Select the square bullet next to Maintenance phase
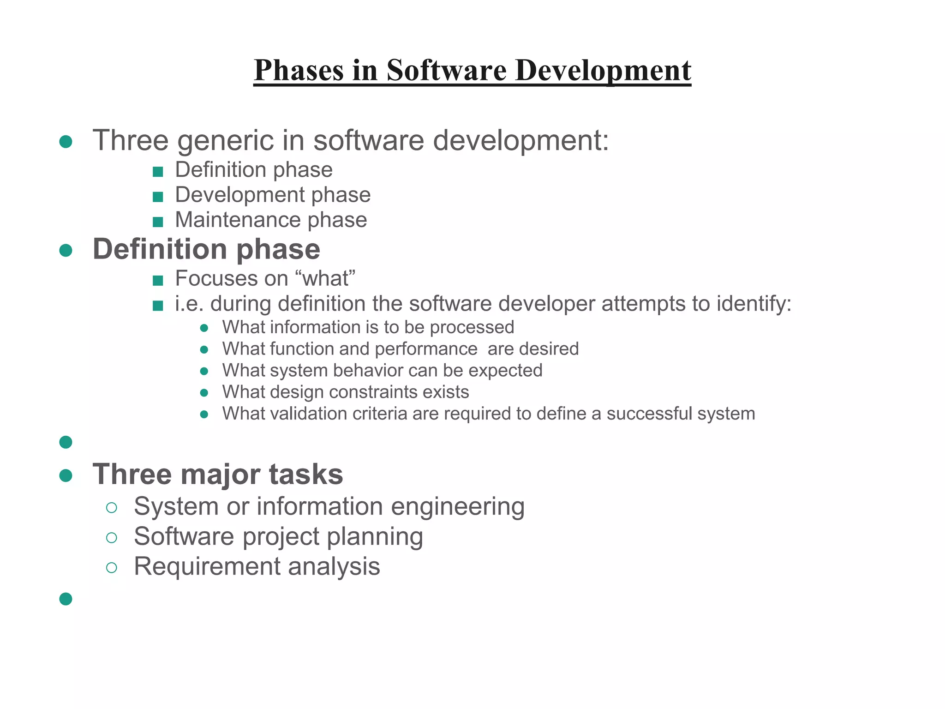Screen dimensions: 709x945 click(158, 222)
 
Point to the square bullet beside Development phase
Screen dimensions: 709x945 click(158, 197)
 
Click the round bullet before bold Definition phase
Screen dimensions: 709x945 click(66, 251)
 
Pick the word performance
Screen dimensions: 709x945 click(426, 349)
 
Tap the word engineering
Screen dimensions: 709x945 click(458, 507)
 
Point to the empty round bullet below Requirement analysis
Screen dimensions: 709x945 click(66, 599)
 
